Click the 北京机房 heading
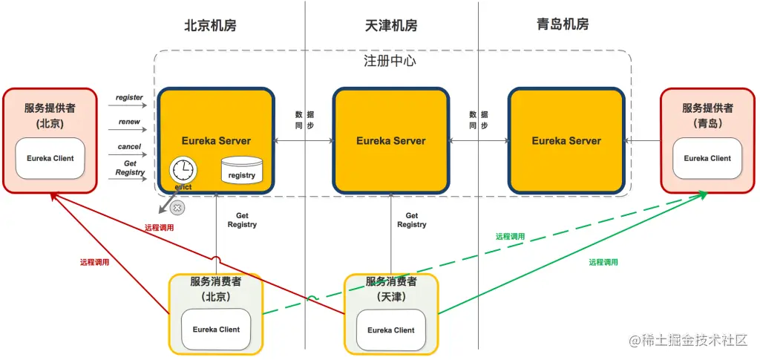tap(210, 25)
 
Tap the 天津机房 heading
tap(391, 25)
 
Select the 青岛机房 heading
tap(563, 24)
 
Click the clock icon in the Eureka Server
tap(181, 169)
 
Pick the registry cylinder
tap(242, 170)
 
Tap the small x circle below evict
tap(177, 209)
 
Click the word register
tap(129, 97)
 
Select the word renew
tap(129, 122)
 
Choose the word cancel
tap(129, 147)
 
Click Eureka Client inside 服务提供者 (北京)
tap(50, 158)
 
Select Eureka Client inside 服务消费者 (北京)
tap(216, 330)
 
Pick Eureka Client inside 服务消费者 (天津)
tap(390, 330)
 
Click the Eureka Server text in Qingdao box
tap(566, 140)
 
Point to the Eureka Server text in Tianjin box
tap(391, 140)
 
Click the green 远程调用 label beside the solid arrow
tap(603, 262)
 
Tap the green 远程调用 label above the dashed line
tap(510, 236)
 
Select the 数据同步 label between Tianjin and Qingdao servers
tap(479, 120)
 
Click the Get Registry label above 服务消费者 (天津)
tap(412, 220)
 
